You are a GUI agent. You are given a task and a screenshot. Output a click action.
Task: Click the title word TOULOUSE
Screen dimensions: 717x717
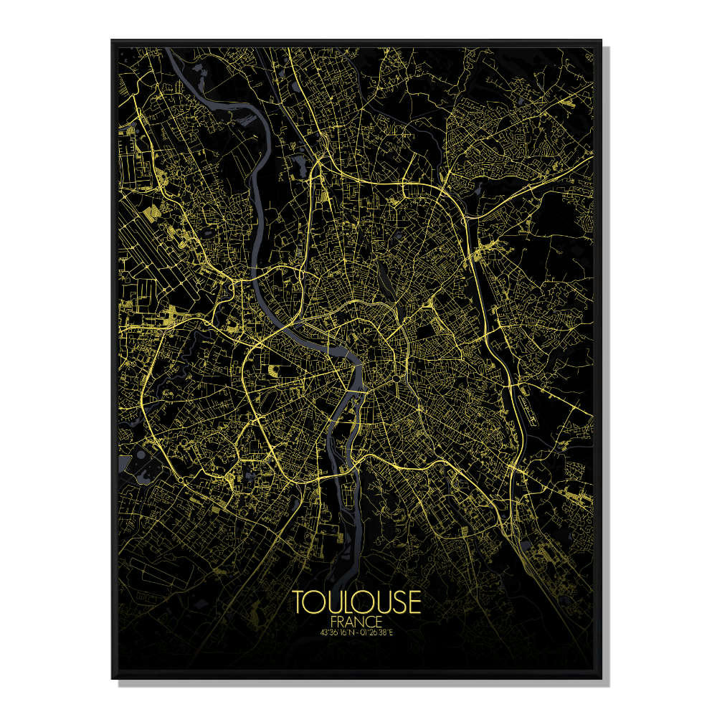(356, 603)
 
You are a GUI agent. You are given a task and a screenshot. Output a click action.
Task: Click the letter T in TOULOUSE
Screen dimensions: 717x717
(299, 603)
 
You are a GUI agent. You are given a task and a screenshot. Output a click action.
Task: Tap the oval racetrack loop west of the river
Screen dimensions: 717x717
(275, 369)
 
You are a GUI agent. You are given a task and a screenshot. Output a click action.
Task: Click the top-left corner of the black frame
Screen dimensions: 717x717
(113, 42)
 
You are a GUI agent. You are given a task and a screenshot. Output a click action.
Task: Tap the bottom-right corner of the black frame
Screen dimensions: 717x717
(601, 677)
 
